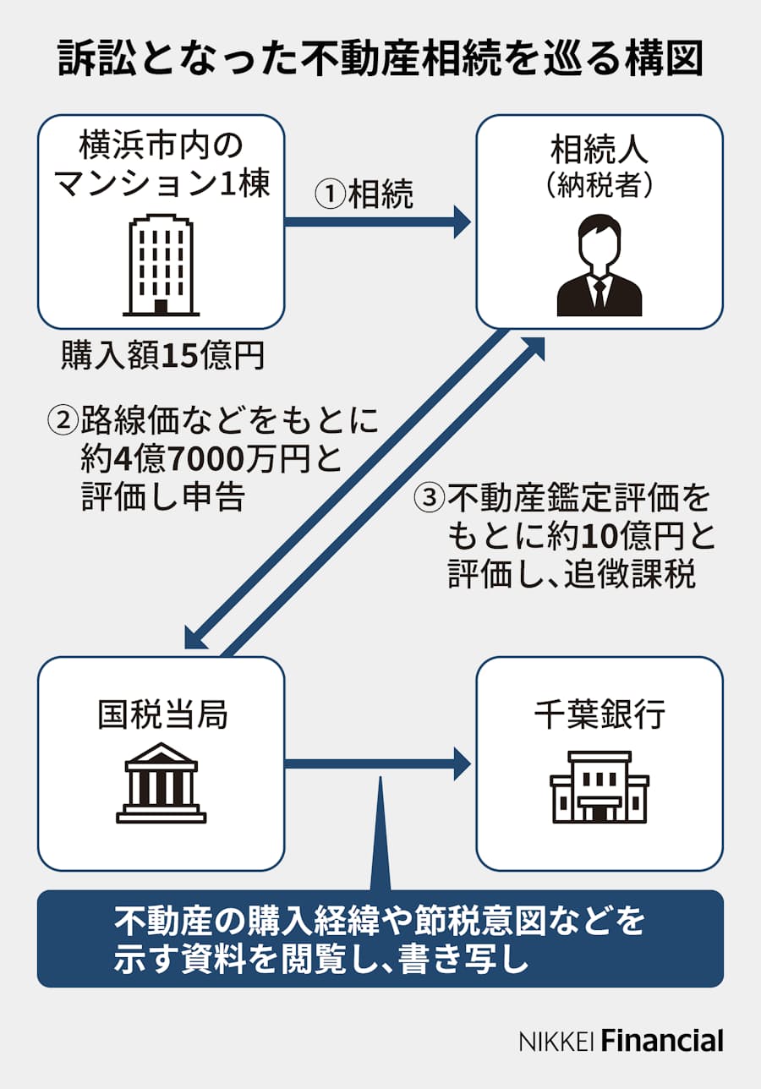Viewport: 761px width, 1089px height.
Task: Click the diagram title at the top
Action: (380, 59)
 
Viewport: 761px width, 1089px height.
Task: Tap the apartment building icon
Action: (159, 265)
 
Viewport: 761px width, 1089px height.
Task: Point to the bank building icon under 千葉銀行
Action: (599, 786)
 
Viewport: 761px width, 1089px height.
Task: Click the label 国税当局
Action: (162, 715)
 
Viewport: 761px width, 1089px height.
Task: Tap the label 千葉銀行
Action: (599, 715)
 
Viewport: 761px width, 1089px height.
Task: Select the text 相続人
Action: (599, 151)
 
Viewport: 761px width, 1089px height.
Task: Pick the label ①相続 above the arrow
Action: (364, 194)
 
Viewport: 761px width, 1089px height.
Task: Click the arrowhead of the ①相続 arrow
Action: (462, 222)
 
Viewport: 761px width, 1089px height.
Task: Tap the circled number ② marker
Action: (63, 420)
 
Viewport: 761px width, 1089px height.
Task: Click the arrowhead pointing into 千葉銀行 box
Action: (462, 763)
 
